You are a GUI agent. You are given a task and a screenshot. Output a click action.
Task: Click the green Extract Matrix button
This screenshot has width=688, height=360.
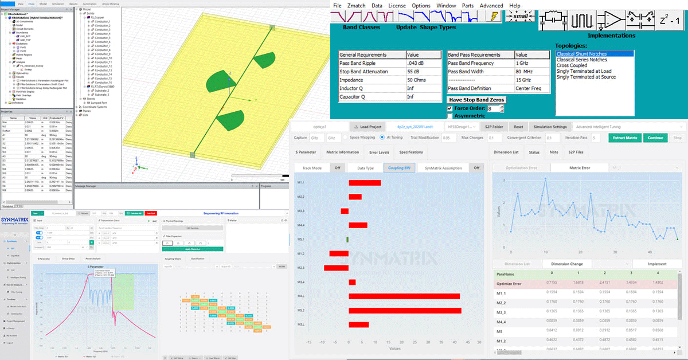pos(625,138)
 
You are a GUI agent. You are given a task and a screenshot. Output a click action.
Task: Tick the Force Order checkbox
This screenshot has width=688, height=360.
pos(450,108)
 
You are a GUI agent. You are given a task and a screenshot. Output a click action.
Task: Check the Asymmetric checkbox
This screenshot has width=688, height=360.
pos(450,116)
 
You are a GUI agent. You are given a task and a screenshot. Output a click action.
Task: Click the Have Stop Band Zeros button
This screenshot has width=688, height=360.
pos(476,100)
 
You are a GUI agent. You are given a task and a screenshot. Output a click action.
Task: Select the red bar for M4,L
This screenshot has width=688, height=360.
pos(404,296)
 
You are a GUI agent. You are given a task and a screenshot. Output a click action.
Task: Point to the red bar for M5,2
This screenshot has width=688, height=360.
pos(405,310)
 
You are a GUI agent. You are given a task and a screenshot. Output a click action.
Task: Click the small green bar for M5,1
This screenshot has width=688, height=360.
pos(347,239)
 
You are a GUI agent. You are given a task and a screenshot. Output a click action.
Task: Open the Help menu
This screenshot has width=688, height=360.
pos(515,6)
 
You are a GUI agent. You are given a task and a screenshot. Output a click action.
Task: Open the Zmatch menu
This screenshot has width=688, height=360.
pos(357,6)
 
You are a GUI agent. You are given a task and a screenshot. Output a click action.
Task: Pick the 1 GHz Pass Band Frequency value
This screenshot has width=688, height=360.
pos(522,63)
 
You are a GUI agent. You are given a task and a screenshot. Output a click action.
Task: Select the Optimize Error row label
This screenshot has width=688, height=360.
pos(510,283)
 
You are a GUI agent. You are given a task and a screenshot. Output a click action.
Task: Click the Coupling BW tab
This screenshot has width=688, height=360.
pos(400,167)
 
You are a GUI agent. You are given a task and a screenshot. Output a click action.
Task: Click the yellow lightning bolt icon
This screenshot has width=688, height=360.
pos(492,17)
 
